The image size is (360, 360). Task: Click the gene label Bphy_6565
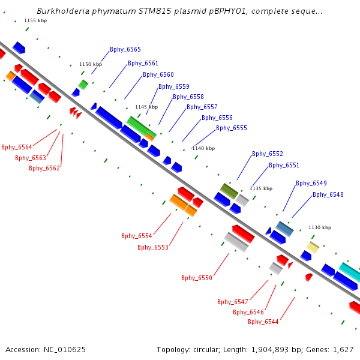tap(125, 50)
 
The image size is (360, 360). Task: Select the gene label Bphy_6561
tap(143, 64)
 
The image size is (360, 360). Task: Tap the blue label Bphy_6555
tap(232, 128)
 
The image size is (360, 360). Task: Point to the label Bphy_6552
tap(268, 154)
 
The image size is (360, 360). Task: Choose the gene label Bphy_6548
tap(328, 194)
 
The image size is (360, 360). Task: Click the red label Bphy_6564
tap(17, 147)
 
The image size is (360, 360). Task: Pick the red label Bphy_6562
tap(44, 168)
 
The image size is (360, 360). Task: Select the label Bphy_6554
tap(137, 236)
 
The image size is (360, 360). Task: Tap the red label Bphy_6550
tap(197, 278)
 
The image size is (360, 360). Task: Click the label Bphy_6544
tap(263, 322)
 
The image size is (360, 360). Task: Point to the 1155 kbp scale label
tap(35, 20)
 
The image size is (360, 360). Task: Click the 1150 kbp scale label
tap(91, 64)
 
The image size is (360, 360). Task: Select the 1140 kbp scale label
tap(203, 148)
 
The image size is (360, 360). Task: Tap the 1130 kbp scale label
tap(320, 227)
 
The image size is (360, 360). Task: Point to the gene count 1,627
tap(341, 349)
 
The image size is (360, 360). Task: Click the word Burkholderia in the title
tap(65, 11)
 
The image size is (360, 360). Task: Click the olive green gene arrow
tap(229, 191)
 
